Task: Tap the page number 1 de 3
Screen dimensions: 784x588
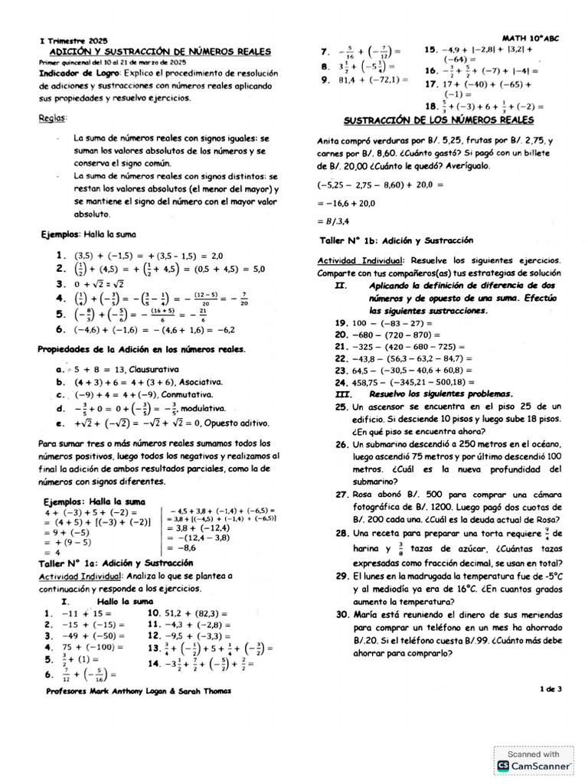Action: click(x=550, y=688)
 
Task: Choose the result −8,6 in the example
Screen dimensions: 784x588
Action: click(x=183, y=547)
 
